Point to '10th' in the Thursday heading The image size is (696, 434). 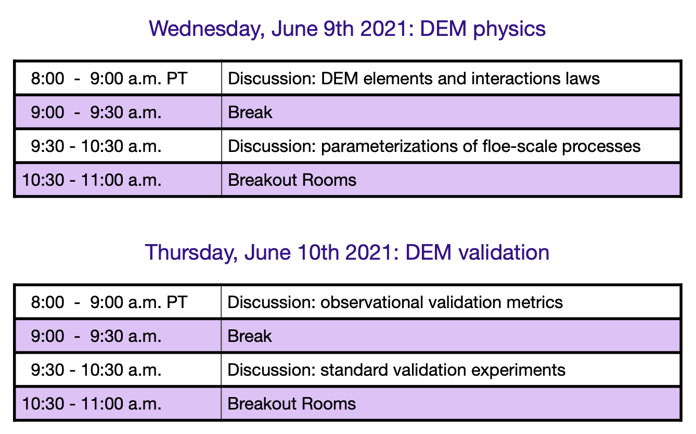(318, 252)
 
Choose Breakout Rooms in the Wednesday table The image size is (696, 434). (292, 180)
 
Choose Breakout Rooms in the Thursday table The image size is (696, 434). (291, 404)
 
